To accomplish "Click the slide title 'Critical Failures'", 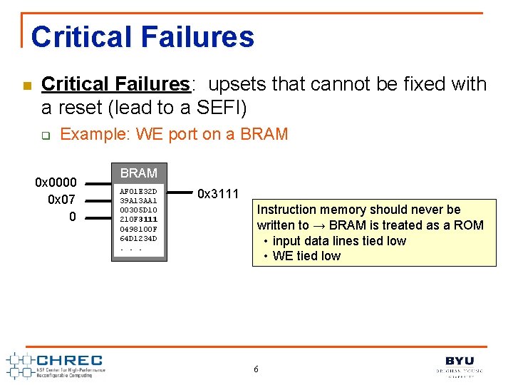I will click(x=142, y=37).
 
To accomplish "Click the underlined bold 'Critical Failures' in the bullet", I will click(x=115, y=84).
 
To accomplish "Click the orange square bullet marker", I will click(x=26, y=86).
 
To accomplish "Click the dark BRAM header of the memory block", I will click(x=139, y=173).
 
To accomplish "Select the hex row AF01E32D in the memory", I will click(x=138, y=192).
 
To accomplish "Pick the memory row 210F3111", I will click(x=138, y=220).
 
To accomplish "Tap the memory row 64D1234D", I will click(x=138, y=238).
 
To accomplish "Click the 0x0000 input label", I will click(x=56, y=183).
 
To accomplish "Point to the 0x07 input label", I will click(x=62, y=200).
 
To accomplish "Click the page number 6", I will click(x=256, y=369).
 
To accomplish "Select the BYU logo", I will click(x=460, y=364).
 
